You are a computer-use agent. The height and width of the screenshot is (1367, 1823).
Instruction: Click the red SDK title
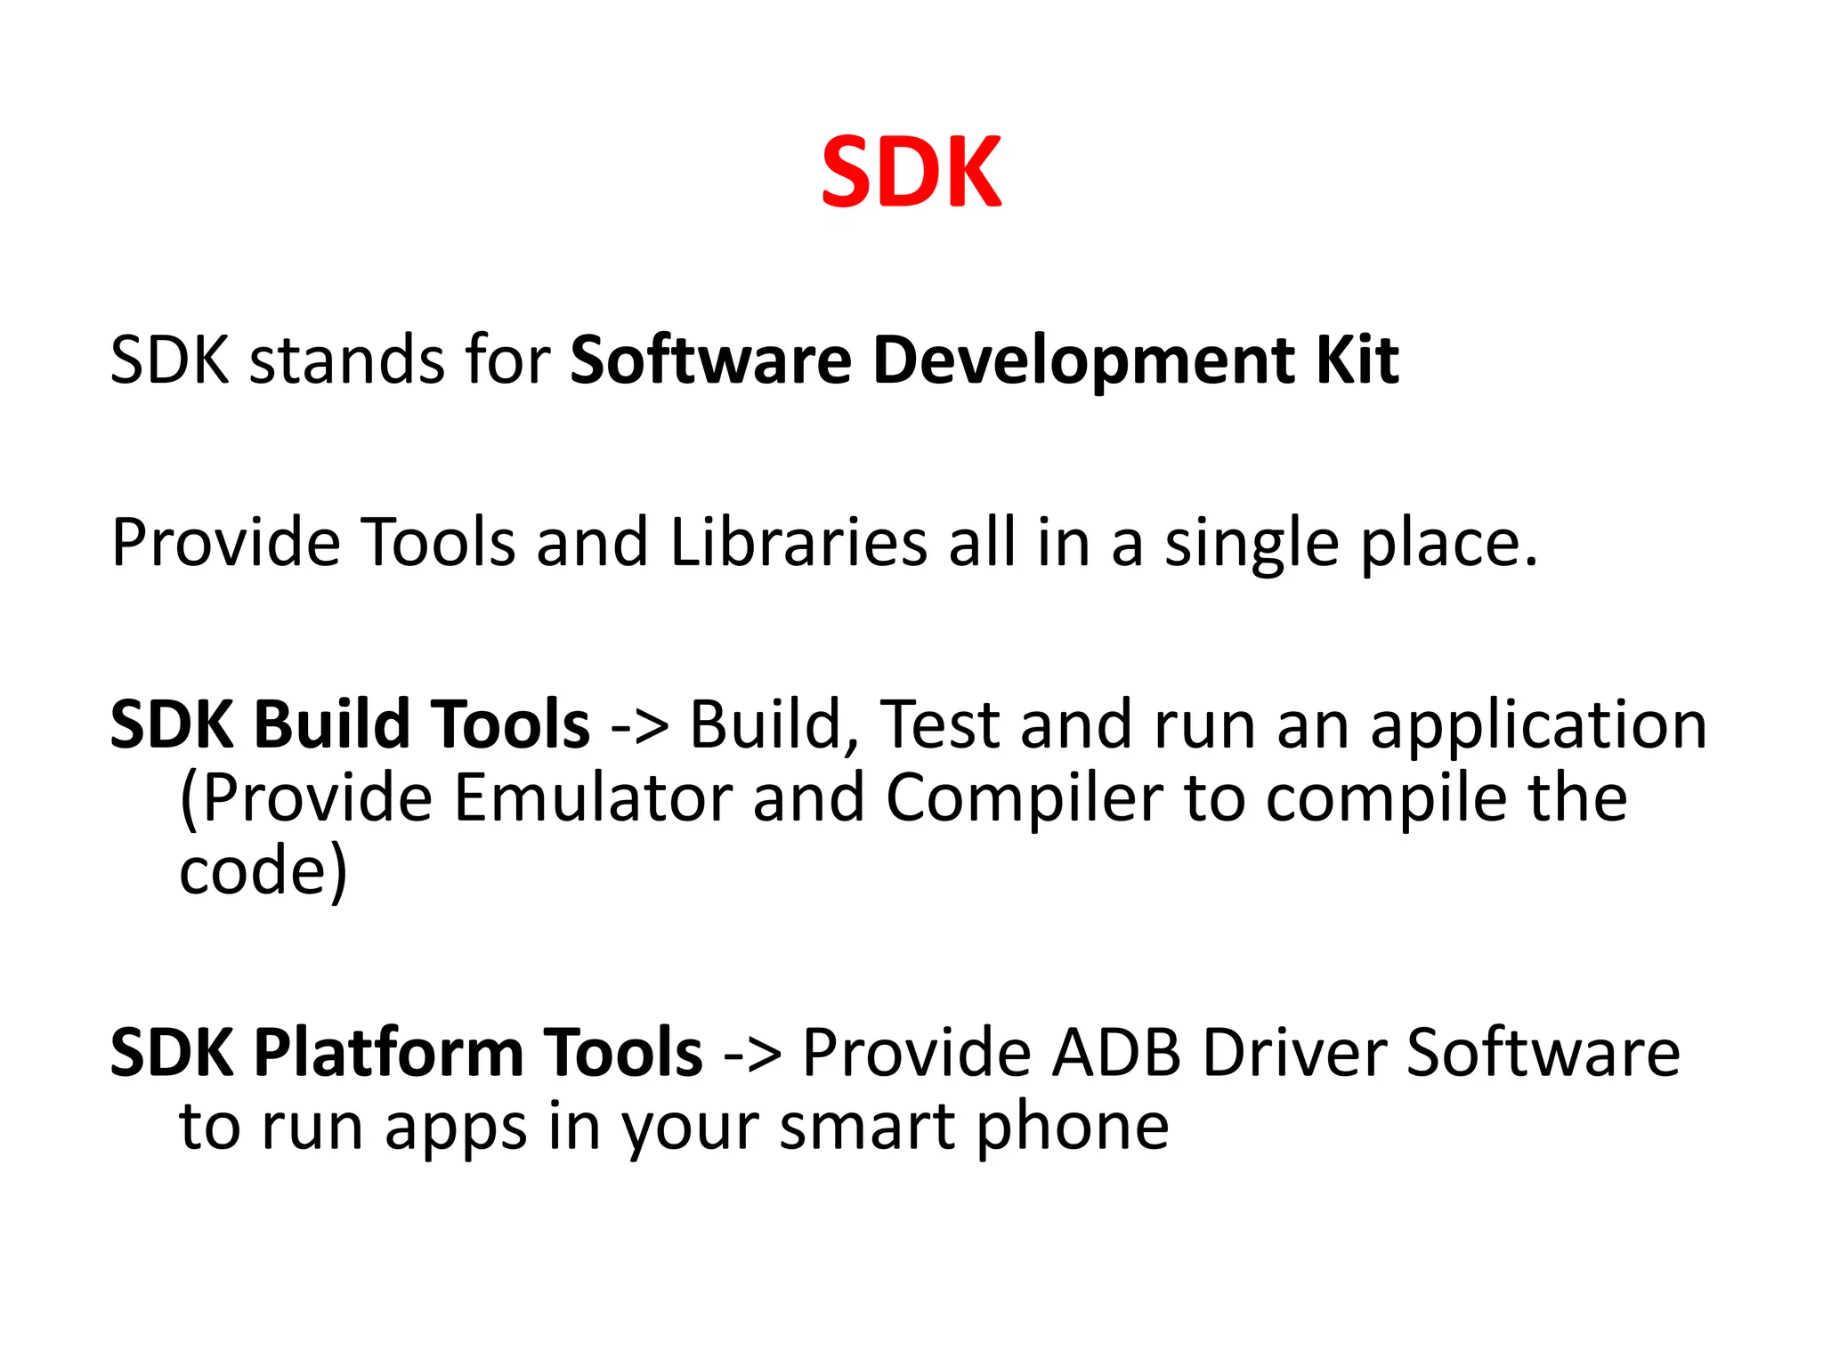[x=911, y=173]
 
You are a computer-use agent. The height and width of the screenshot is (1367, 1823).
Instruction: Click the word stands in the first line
[x=346, y=360]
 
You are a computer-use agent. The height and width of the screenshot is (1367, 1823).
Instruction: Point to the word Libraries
[x=798, y=542]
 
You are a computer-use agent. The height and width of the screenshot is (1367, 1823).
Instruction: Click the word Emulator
[x=592, y=797]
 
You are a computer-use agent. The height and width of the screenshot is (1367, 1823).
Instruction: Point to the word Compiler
[x=1024, y=799]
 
